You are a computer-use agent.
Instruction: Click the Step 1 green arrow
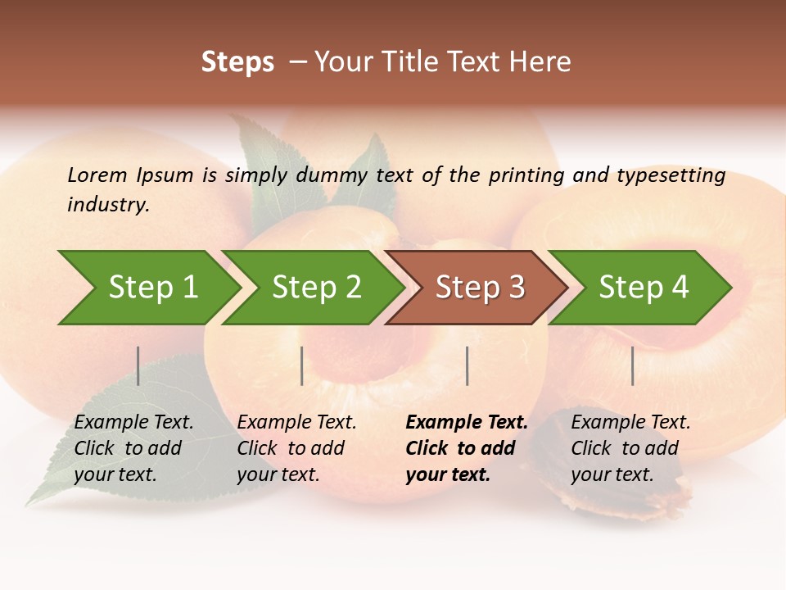tap(147, 288)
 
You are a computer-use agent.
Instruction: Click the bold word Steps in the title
tap(237, 62)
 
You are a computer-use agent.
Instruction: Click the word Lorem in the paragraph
tap(97, 175)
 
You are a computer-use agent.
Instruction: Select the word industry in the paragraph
tap(108, 205)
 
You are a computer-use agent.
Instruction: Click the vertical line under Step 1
tap(138, 365)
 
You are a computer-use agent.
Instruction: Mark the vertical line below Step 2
tap(302, 365)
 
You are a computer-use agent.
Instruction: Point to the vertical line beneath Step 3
tap(468, 365)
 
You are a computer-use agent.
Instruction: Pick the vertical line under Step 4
tap(633, 365)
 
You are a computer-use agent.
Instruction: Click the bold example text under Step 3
tap(465, 448)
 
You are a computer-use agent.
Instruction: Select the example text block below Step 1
tap(133, 448)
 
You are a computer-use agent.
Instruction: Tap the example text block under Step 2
tap(296, 448)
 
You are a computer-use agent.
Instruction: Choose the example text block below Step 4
tap(630, 448)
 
